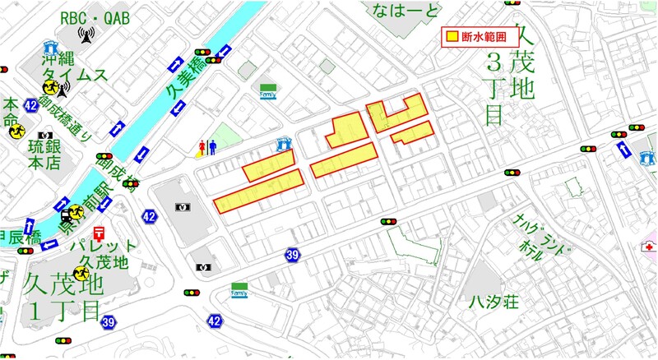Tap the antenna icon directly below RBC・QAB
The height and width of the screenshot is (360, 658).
pos(86,35)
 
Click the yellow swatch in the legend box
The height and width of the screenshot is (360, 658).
pos(452,37)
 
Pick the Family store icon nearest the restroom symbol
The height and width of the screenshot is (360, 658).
pos(268,90)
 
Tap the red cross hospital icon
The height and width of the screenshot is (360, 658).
pos(649,247)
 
